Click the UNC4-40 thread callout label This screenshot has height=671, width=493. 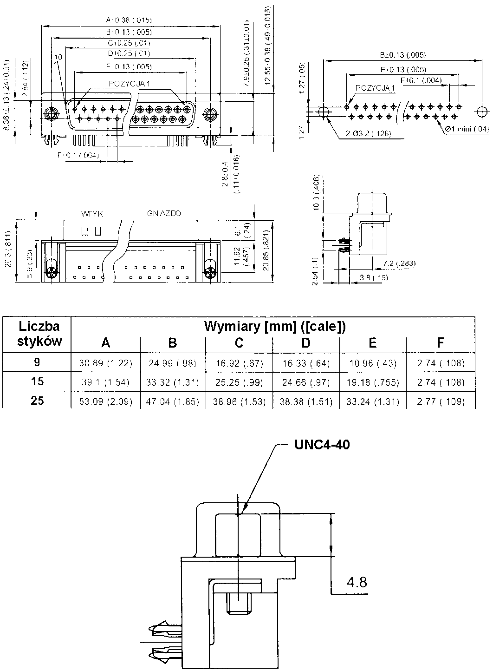322,445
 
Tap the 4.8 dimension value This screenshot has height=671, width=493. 357,582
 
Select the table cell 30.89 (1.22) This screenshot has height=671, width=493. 106,363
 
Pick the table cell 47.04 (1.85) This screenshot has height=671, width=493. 172,401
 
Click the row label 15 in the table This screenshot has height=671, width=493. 37,382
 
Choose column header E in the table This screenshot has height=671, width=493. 373,343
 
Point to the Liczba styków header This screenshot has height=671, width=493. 37,334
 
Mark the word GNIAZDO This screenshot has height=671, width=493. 164,213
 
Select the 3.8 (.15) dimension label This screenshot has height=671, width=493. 374,277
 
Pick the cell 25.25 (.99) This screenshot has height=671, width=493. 239,382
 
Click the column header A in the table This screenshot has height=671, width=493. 106,343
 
